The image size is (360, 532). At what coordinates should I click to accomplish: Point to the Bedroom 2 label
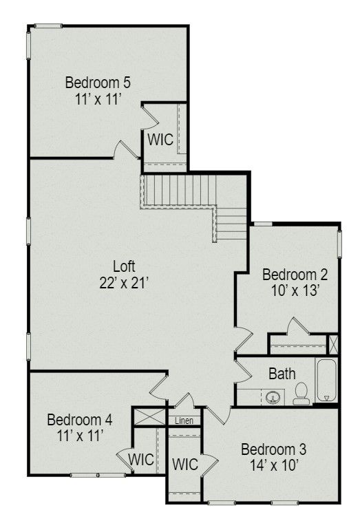pyautogui.click(x=295, y=275)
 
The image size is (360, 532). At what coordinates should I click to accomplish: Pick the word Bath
pyautogui.click(x=282, y=374)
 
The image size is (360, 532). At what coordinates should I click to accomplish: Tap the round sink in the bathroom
pyautogui.click(x=273, y=397)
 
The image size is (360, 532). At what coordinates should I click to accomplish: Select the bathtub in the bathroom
pyautogui.click(x=326, y=381)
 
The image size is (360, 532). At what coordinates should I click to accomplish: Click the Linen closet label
pyautogui.click(x=184, y=421)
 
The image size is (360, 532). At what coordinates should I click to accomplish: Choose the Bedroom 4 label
pyautogui.click(x=80, y=420)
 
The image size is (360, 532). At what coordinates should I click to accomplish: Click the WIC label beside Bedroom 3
pyautogui.click(x=184, y=465)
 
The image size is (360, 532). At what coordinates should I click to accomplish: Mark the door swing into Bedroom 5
pyautogui.click(x=125, y=150)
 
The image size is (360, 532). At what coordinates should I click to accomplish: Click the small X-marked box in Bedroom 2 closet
pyautogui.click(x=333, y=343)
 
